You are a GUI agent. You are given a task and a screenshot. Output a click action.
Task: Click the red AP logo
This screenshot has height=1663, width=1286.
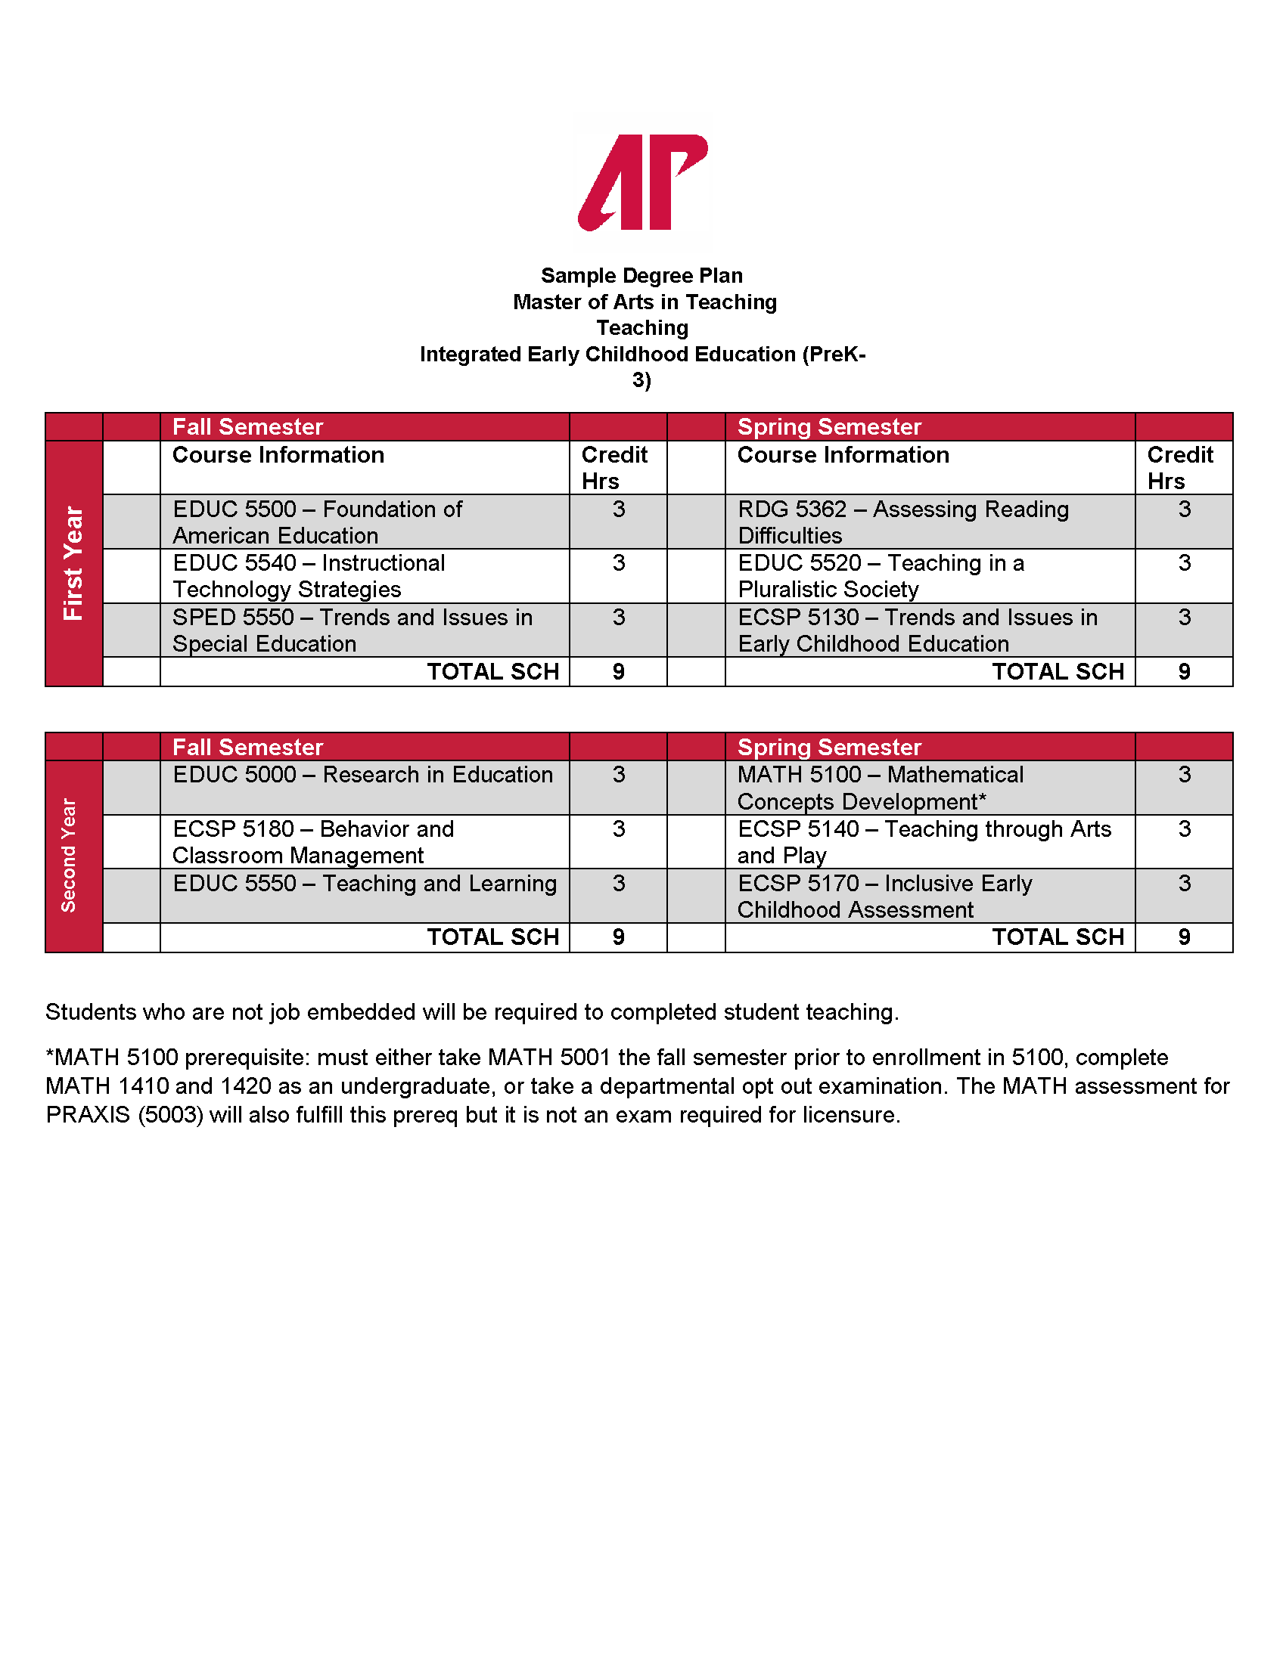[x=642, y=183]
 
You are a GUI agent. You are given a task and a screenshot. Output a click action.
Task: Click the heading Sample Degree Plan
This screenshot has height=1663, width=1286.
[x=641, y=276]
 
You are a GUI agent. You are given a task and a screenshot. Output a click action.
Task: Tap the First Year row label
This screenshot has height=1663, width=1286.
[x=73, y=562]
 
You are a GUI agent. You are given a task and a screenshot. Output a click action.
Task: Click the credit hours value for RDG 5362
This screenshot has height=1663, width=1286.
[x=1184, y=509]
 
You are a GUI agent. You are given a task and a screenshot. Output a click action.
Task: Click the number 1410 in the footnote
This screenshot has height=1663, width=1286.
[x=143, y=1085]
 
